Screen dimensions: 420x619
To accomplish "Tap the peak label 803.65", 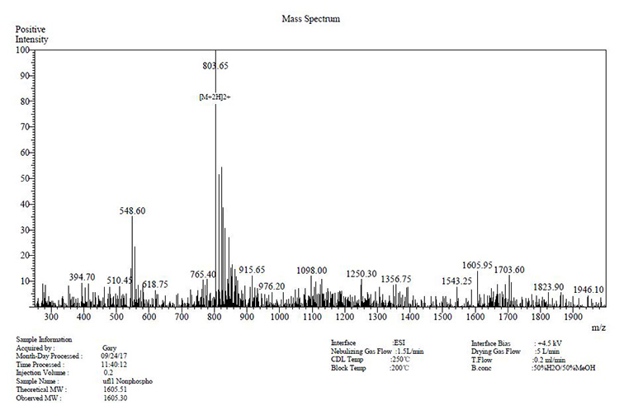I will pyautogui.click(x=215, y=65).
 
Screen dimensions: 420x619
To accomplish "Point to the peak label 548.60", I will pyautogui.click(x=132, y=211).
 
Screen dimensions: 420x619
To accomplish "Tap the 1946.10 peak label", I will pyautogui.click(x=588, y=290).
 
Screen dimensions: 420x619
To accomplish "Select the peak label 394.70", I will pyautogui.click(x=82, y=277).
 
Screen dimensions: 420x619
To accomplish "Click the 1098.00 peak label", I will pyautogui.click(x=312, y=270).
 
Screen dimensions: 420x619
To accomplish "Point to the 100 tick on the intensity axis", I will pyautogui.click(x=23, y=50).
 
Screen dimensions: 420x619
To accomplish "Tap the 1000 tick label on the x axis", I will pyautogui.click(x=279, y=317).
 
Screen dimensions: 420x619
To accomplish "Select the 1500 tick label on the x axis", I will pyautogui.click(x=442, y=317).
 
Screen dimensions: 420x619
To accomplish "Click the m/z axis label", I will pyautogui.click(x=598, y=328).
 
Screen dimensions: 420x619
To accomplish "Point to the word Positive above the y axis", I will pyautogui.click(x=31, y=29).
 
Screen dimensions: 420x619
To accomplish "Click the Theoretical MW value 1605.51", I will pyautogui.click(x=115, y=389).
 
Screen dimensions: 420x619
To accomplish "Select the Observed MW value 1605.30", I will pyautogui.click(x=115, y=398).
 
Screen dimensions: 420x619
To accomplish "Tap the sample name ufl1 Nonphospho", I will pyautogui.click(x=126, y=381).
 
